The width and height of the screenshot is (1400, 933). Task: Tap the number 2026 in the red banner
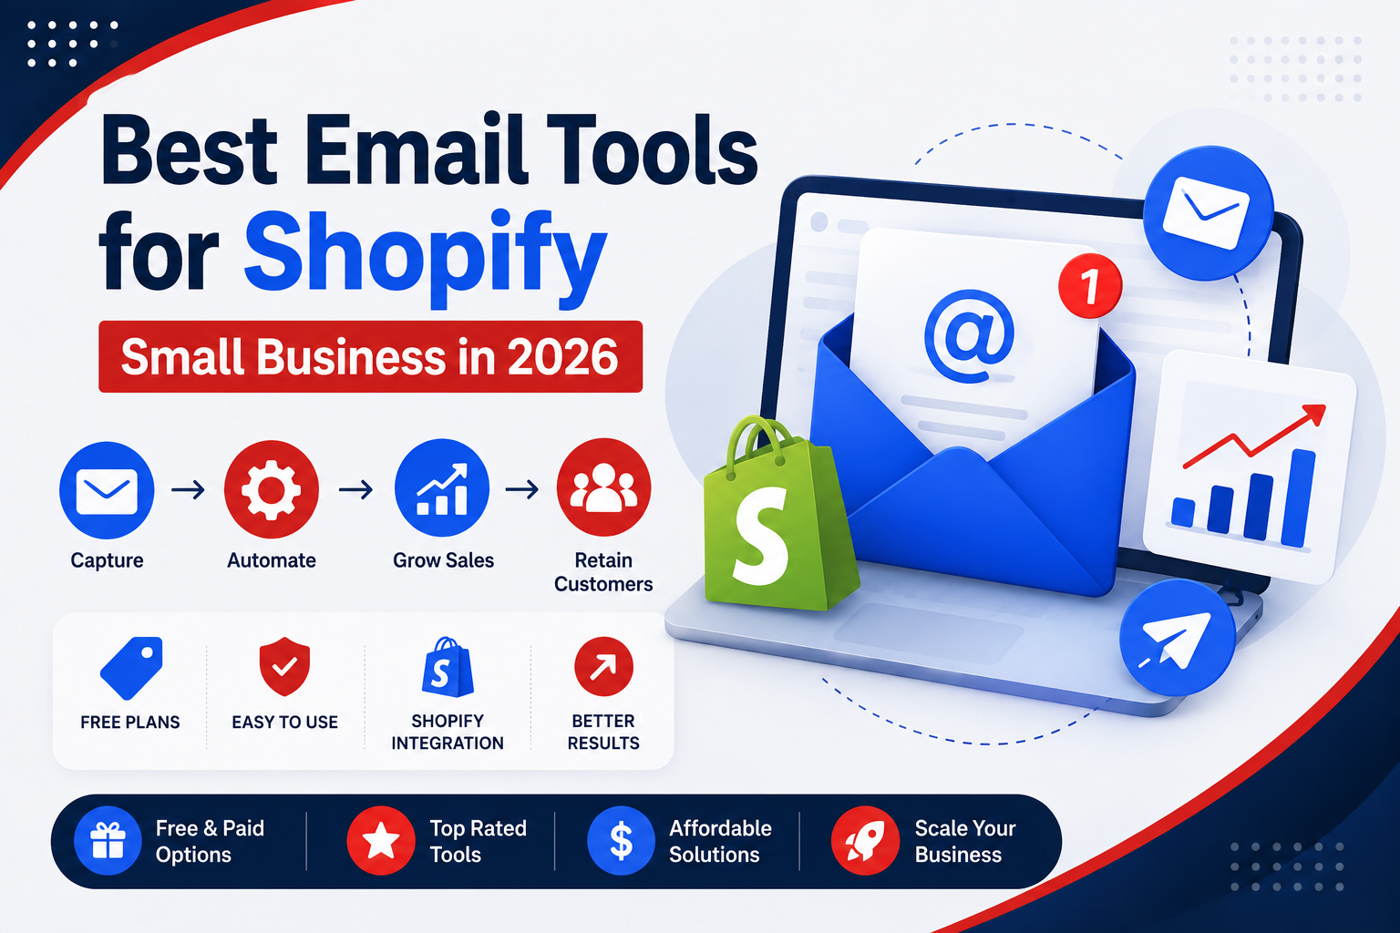(x=562, y=357)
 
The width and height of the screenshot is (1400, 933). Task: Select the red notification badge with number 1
(x=1090, y=285)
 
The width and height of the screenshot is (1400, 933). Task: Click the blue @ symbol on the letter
(x=970, y=335)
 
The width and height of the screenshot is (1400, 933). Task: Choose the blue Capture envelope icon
(x=107, y=490)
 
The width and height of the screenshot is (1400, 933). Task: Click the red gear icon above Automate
(x=272, y=489)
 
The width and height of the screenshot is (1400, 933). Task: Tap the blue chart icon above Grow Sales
(x=442, y=488)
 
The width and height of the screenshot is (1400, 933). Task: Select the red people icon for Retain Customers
(x=603, y=487)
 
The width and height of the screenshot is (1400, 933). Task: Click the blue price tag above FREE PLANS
(x=132, y=668)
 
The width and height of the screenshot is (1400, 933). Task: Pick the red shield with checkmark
(x=285, y=666)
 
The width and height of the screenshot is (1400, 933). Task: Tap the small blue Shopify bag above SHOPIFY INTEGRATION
(x=448, y=668)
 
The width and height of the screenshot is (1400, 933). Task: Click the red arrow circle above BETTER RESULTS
(x=603, y=666)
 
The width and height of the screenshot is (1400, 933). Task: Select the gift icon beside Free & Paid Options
(x=108, y=840)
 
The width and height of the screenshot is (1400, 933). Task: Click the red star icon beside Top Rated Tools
(x=381, y=840)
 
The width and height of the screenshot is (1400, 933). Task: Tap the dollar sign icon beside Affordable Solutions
(x=622, y=840)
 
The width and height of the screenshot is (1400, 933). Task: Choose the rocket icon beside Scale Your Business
(x=866, y=840)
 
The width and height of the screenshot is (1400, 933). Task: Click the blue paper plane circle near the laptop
(x=1178, y=638)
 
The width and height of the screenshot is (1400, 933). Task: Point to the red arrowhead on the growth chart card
(x=1315, y=415)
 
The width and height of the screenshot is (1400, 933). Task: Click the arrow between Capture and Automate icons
(x=188, y=489)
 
